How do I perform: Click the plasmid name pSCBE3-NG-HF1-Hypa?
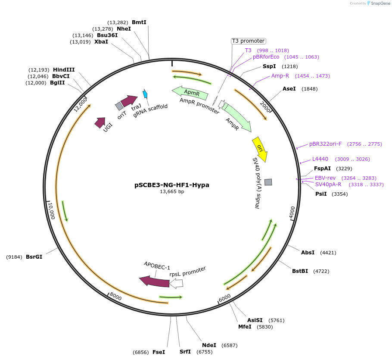pyautogui.click(x=172, y=185)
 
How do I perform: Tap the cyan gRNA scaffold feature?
pyautogui.click(x=145, y=94)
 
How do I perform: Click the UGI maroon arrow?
pyautogui.click(x=100, y=123)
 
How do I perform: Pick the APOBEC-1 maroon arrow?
pyautogui.click(x=154, y=282)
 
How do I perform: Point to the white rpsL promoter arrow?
pyautogui.click(x=177, y=283)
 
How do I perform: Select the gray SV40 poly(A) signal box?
pyautogui.click(x=268, y=182)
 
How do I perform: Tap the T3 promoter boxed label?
pyautogui.click(x=248, y=41)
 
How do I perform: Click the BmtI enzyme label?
pyautogui.click(x=139, y=22)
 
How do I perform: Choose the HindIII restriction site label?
pyautogui.click(x=64, y=70)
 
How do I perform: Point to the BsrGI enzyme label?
pyautogui.click(x=34, y=257)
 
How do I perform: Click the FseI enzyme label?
pyautogui.click(x=159, y=352)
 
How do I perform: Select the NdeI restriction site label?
pyautogui.click(x=209, y=345)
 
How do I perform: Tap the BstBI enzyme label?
pyautogui.click(x=300, y=271)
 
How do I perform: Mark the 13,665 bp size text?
pyautogui.click(x=172, y=191)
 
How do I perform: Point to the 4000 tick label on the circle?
pyautogui.click(x=292, y=212)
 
